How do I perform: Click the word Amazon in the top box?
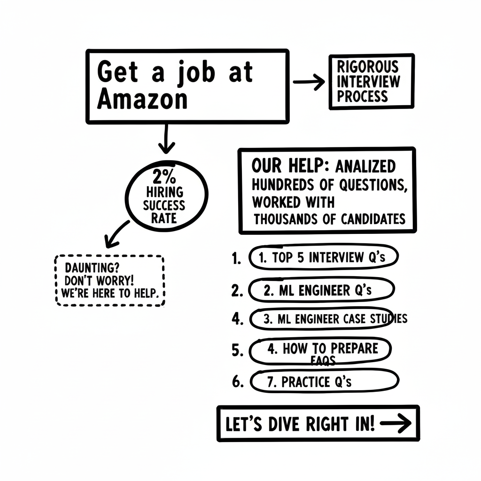pos(142,100)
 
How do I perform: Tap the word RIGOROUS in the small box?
pos(368,66)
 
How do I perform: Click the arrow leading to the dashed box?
pos(117,234)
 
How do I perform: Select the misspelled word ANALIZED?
pos(365,166)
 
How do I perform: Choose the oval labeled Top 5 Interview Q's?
pos(324,257)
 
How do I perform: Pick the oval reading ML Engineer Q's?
pos(321,290)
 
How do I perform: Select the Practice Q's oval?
pos(325,381)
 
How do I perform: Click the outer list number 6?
pos(238,381)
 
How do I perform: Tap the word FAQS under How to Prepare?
pos(323,360)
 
